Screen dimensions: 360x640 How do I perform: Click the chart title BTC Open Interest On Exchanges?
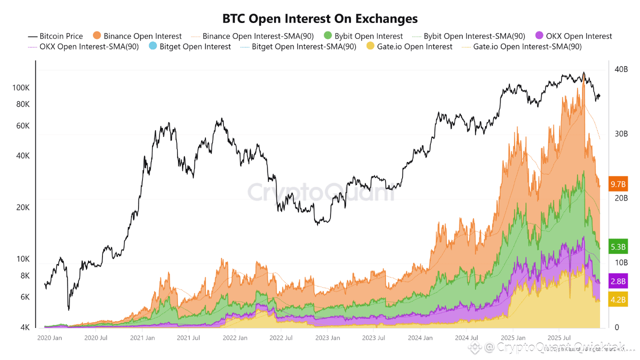pos(320,19)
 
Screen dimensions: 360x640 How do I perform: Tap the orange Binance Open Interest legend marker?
pos(97,35)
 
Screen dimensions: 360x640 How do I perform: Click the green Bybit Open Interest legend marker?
pos(328,35)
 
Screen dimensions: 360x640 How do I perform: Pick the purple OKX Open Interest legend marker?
pos(539,35)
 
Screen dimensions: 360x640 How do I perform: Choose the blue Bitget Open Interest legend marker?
pos(153,46)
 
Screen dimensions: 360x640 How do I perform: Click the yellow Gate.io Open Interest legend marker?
pos(370,46)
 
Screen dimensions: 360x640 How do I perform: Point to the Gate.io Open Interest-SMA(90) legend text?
pos(527,46)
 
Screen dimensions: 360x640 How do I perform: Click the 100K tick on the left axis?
pos(21,88)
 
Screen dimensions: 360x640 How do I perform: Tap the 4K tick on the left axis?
pos(24,327)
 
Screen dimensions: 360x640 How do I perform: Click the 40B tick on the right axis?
pos(621,69)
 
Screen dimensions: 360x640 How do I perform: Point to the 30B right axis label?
pos(621,134)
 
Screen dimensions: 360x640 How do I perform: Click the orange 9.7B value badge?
pos(618,184)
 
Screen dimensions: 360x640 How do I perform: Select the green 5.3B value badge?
pos(618,246)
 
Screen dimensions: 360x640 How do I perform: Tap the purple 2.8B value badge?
pos(618,281)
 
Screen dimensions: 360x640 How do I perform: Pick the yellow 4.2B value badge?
pos(618,300)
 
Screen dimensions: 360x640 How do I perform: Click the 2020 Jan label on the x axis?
pos(49,338)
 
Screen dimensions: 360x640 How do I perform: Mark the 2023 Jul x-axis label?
pos(373,338)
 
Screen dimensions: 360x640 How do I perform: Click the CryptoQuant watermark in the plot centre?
pos(320,191)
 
